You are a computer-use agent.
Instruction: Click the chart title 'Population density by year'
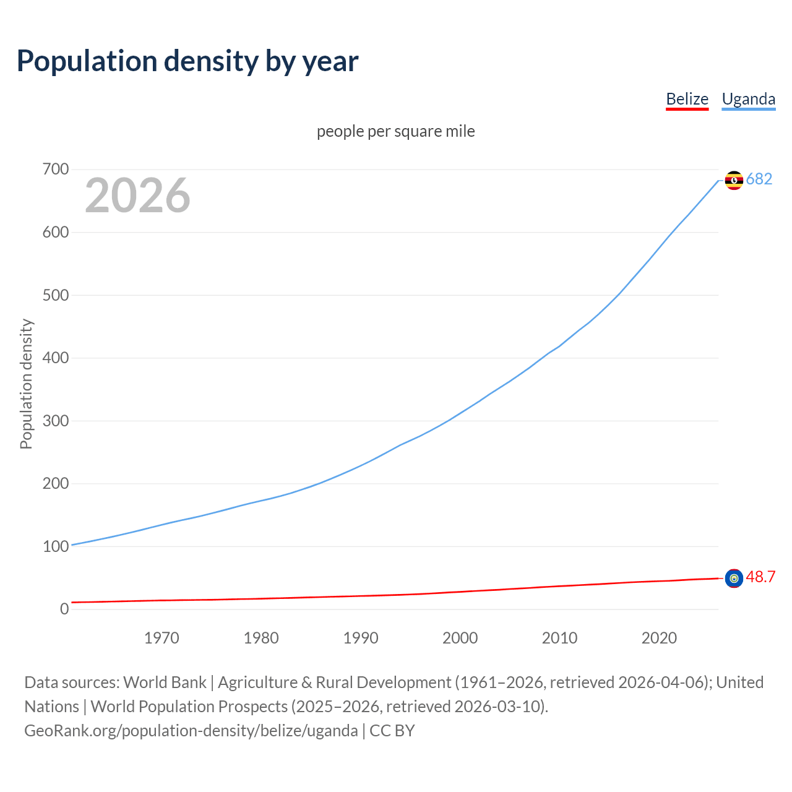click(187, 61)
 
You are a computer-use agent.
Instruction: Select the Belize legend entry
click(687, 99)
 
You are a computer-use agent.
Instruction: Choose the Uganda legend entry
click(748, 99)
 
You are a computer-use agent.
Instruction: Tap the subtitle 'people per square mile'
click(395, 132)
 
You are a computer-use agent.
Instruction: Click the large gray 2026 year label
click(137, 196)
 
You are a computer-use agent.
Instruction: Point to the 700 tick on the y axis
click(56, 169)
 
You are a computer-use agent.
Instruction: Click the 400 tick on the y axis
click(56, 358)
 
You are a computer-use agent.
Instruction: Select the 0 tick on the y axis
click(64, 609)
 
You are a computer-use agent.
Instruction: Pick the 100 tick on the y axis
click(56, 546)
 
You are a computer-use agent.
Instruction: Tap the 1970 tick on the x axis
click(161, 638)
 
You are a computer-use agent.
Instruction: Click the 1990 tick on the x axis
click(361, 638)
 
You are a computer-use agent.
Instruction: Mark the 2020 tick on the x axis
click(659, 638)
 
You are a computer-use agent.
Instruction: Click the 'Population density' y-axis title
click(26, 384)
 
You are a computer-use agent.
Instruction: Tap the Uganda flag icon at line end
click(734, 180)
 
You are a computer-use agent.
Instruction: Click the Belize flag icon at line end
click(734, 579)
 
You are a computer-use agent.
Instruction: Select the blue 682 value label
click(759, 179)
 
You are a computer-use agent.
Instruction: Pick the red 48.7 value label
click(760, 577)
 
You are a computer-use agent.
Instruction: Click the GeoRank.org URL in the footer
click(191, 731)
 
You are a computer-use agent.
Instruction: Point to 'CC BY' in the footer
click(392, 731)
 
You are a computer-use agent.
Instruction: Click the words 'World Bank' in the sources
click(165, 682)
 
